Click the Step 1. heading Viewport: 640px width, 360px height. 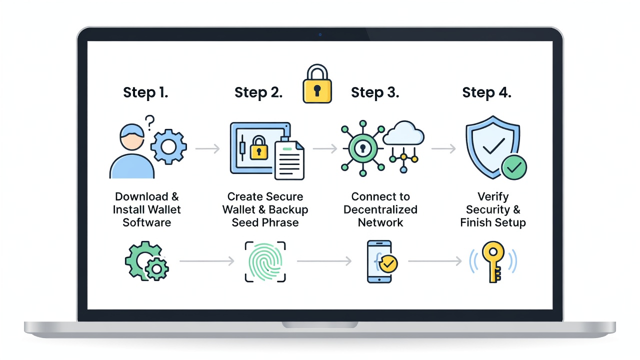145,92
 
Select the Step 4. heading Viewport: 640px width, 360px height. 487,92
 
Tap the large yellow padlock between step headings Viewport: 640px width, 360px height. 317,83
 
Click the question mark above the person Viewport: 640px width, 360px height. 149,123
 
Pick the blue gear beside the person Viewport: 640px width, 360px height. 168,147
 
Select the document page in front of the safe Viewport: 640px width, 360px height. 289,160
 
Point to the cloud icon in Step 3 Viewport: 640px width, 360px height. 403,133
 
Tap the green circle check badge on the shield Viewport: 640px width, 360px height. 514,167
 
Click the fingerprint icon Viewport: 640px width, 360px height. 265,261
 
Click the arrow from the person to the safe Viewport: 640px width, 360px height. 207,148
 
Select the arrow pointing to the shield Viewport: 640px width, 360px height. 443,148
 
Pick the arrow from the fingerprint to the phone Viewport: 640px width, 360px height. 324,261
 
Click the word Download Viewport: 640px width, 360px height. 141,196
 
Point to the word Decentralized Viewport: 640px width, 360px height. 380,209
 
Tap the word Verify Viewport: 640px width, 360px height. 493,197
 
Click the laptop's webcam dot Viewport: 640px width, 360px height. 320,34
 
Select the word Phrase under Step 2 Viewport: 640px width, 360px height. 280,222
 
